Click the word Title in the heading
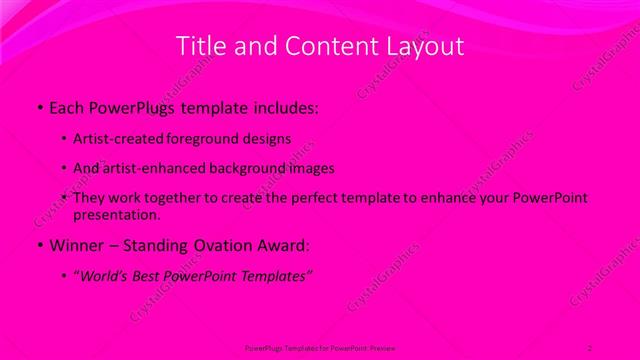point(200,46)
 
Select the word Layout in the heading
point(427,46)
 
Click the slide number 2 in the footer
point(590,347)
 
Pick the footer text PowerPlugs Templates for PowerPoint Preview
point(319,347)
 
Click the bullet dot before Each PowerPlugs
point(39,106)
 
